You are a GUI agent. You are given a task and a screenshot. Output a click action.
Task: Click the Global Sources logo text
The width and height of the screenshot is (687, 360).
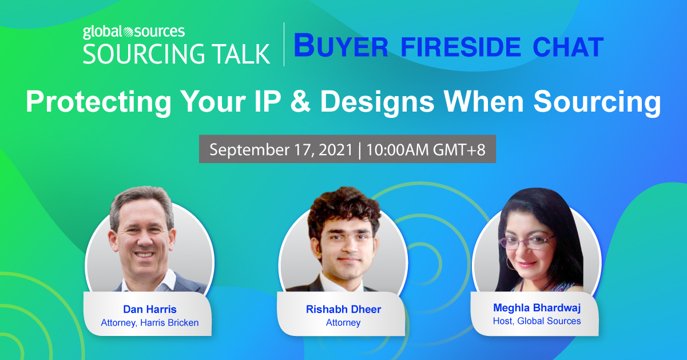pos(134,32)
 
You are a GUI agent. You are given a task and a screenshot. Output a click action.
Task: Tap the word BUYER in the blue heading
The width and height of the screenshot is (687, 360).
pos(341,46)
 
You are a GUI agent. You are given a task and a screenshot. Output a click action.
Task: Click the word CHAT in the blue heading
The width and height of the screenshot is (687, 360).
pos(568,47)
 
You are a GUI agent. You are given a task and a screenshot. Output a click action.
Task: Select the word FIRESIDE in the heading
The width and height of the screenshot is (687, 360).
pos(460,47)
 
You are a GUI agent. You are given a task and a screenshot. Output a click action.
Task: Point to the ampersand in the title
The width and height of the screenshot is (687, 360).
pos(300,101)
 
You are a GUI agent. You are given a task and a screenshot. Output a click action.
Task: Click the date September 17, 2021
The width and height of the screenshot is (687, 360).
pos(281,150)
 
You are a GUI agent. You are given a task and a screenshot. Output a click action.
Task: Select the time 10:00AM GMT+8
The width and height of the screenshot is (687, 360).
pos(426,150)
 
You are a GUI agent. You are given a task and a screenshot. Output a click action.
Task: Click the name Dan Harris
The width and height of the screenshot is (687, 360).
pos(150,309)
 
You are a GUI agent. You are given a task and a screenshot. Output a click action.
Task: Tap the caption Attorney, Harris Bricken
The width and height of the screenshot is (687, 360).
pos(150,323)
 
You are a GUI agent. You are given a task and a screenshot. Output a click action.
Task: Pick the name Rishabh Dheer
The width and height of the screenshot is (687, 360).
pos(343,309)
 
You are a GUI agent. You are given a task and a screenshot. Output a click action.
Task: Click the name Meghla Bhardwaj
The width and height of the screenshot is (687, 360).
pos(537,308)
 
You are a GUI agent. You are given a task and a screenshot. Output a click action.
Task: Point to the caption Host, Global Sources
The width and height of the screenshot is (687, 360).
pos(537,321)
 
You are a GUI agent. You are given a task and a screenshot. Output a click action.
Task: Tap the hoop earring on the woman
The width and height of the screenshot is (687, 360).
pos(510,264)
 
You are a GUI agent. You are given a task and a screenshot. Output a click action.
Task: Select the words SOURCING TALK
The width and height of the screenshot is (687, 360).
pos(176,54)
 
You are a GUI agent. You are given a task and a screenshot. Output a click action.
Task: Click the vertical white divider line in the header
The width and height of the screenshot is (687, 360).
pos(284,44)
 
